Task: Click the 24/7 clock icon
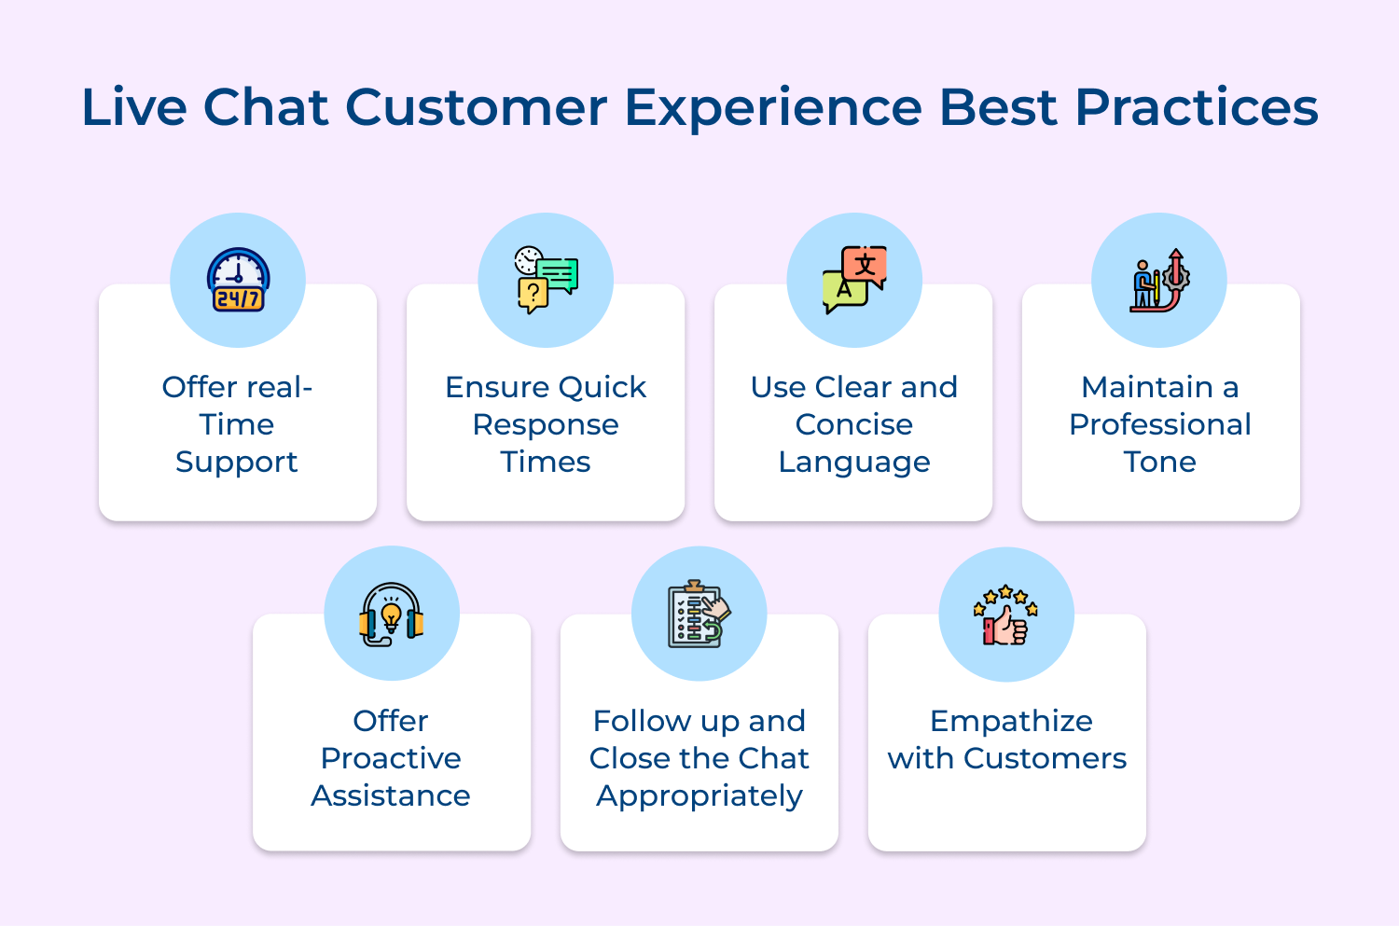[x=238, y=280]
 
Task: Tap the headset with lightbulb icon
[x=392, y=615]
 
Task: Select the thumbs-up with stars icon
[x=1005, y=615]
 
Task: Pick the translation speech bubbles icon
[x=854, y=280]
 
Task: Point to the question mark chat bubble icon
[x=546, y=280]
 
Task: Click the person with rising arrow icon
[x=1159, y=280]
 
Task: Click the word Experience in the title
[x=773, y=107]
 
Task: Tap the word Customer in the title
[x=477, y=107]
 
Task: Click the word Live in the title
[x=134, y=107]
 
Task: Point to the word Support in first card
[x=237, y=463]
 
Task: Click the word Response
[x=546, y=425]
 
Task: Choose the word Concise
[x=854, y=425]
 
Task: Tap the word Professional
[x=1159, y=425]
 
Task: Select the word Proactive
[x=391, y=759]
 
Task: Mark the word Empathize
[x=1011, y=722]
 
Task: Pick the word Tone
[x=1159, y=463]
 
